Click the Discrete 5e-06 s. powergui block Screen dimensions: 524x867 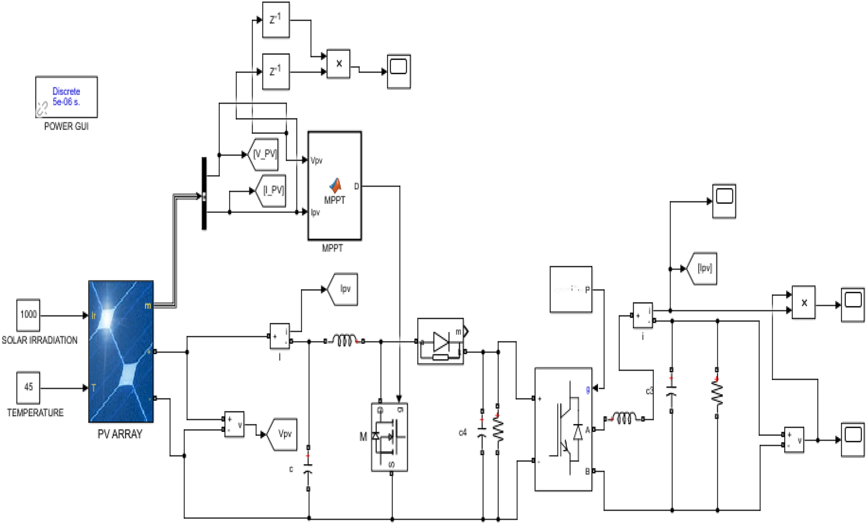(66, 97)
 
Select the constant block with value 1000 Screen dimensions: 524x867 (28, 315)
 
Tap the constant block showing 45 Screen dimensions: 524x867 (28, 387)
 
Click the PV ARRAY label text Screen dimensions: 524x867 (120, 434)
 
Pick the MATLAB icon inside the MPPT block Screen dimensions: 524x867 (335, 186)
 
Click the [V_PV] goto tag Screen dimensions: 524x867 (264, 154)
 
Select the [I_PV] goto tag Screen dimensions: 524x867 (272, 190)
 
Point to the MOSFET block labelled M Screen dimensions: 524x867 (389, 437)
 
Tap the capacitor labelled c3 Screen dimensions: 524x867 (671, 391)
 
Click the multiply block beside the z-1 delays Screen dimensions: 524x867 (338, 64)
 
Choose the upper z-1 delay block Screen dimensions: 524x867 (276, 20)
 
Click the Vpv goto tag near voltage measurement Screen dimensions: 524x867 (283, 434)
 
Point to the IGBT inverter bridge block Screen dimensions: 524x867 (563, 429)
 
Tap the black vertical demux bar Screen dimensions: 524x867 (204, 193)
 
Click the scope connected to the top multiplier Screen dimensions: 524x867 (399, 71)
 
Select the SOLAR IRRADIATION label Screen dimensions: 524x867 (40, 340)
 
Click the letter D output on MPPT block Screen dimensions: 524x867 (356, 186)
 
